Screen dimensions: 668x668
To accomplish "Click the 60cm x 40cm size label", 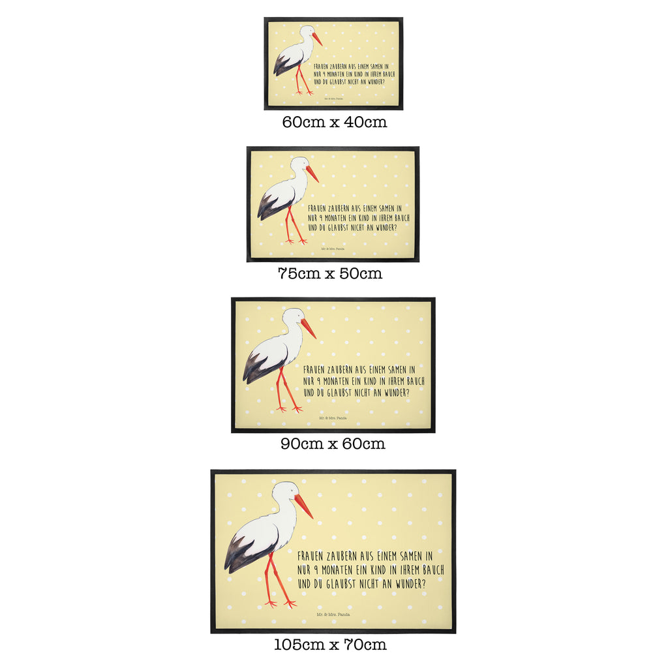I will (334, 122).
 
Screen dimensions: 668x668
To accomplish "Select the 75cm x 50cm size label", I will (329, 273).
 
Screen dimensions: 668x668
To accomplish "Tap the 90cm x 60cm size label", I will (333, 444).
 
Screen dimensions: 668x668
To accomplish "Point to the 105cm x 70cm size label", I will (330, 645).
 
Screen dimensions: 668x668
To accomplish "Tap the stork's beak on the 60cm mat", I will (317, 39).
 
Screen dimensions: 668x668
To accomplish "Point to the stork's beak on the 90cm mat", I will (308, 328).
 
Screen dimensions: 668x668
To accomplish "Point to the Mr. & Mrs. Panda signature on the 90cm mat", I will (332, 417).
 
